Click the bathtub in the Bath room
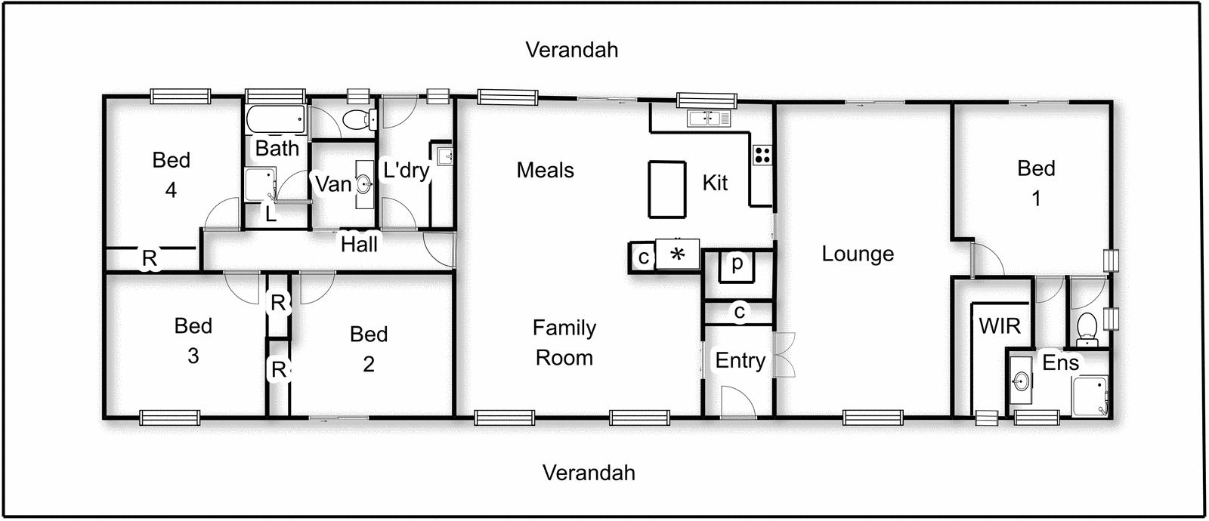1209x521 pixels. pos(275,119)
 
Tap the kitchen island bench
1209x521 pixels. pos(666,190)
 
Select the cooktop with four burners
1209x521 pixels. pos(762,155)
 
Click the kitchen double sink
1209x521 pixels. pos(708,118)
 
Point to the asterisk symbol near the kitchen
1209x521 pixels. pos(677,254)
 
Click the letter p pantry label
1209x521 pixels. pos(736,263)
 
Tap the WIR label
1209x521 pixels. pos(999,326)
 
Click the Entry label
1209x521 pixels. pos(740,360)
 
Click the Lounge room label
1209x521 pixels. pos(858,254)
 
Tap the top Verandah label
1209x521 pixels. pos(571,50)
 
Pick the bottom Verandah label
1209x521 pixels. pos(589,473)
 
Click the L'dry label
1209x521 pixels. pos(406,170)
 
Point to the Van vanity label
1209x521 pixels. pos(333,183)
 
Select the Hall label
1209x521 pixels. pos(359,244)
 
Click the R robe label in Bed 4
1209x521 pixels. pos(150,258)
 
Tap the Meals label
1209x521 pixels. pos(545,170)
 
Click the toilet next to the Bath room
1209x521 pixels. pos(357,119)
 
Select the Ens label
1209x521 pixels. pos(1060,362)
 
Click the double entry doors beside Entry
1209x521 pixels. pos(785,354)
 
